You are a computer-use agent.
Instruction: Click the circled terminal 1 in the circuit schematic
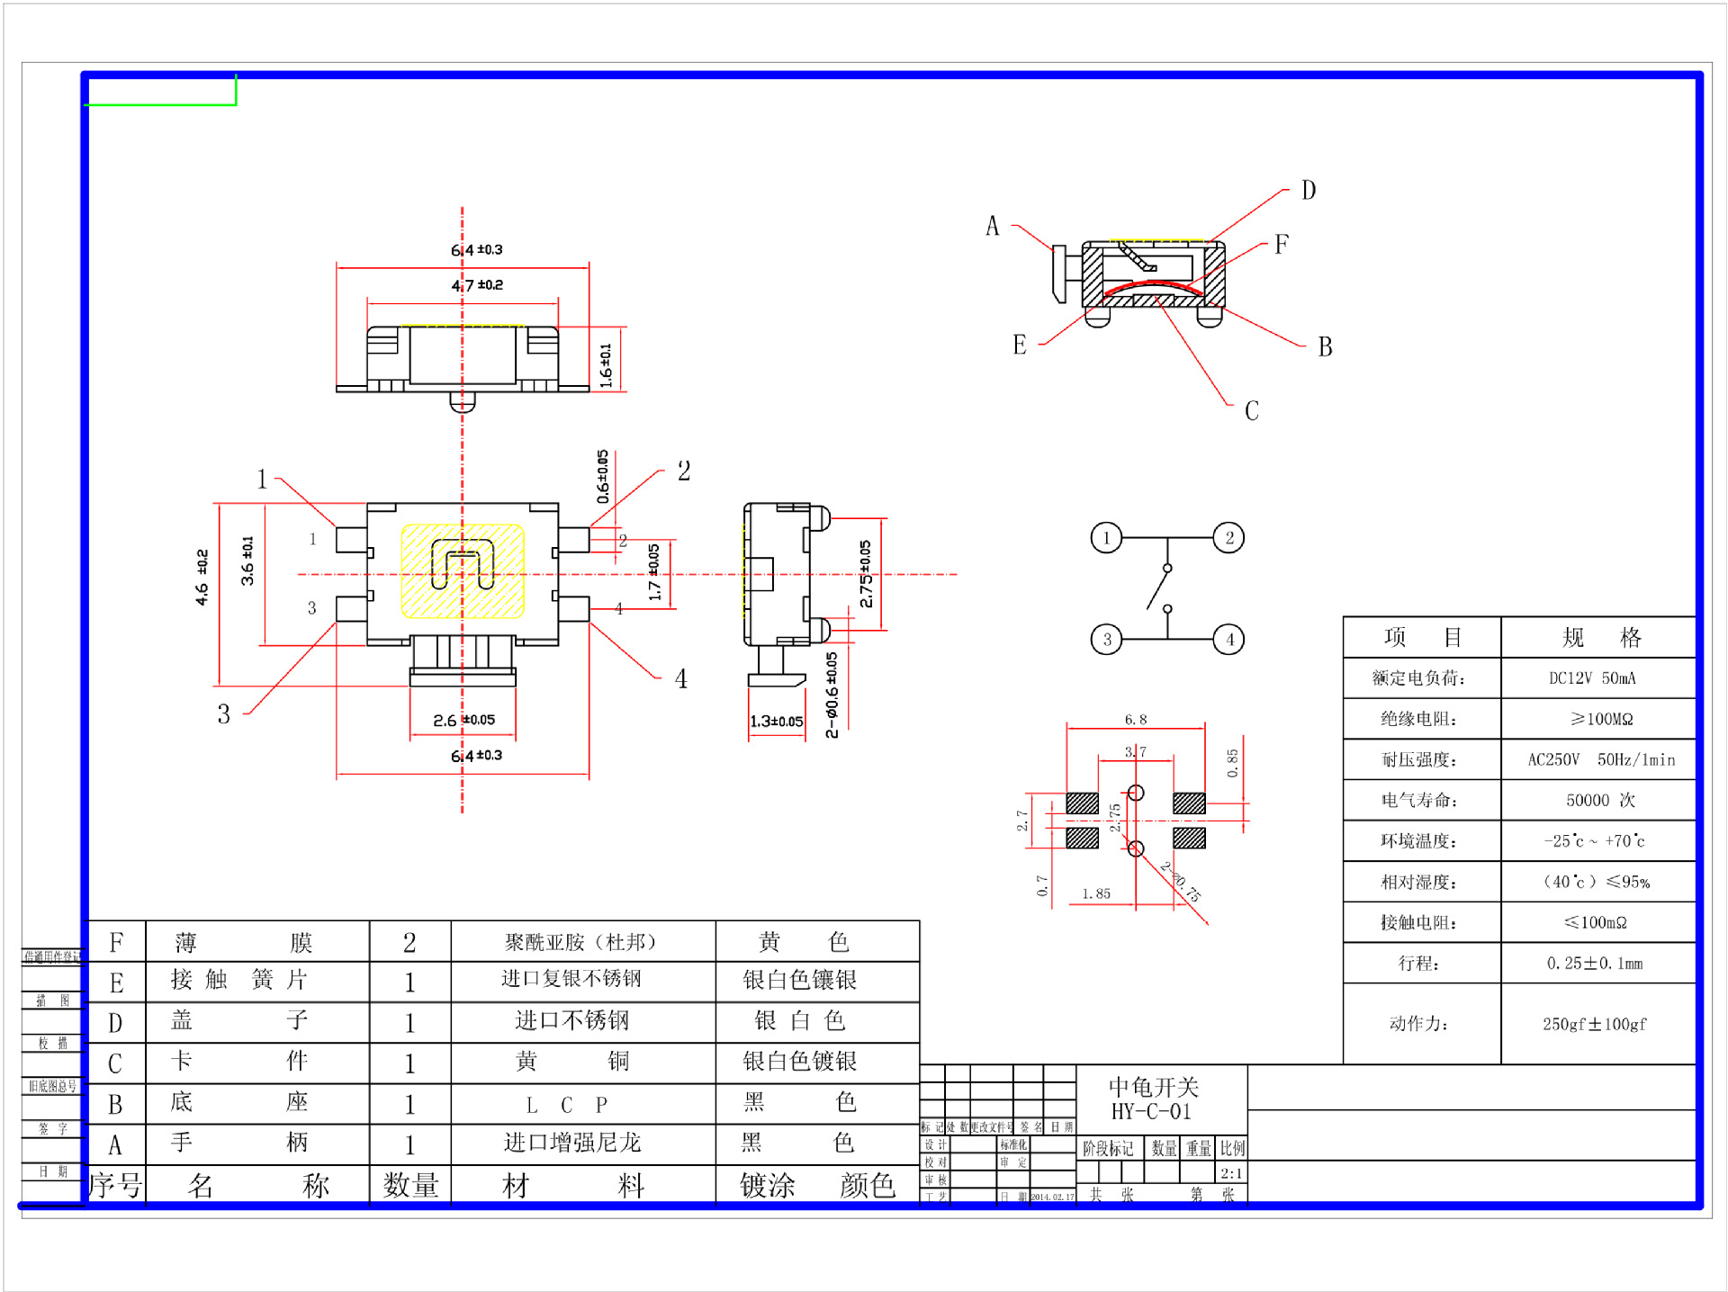[x=1106, y=538]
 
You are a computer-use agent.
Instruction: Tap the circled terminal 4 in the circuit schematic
[x=1229, y=640]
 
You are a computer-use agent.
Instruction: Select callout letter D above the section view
[x=1309, y=191]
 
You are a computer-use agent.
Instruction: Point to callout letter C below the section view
[x=1251, y=411]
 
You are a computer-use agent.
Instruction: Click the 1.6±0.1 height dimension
[x=606, y=364]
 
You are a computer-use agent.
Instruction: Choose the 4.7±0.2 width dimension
[x=477, y=285]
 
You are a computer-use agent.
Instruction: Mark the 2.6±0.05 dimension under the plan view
[x=463, y=720]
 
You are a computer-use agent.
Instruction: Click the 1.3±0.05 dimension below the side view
[x=776, y=721]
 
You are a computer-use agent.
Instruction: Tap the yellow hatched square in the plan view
[x=463, y=571]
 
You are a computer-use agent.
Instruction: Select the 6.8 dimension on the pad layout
[x=1136, y=720]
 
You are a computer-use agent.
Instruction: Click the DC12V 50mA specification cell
[x=1591, y=678]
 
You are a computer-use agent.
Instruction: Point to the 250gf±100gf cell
[x=1594, y=1024]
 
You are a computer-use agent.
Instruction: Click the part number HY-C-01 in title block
[x=1151, y=1112]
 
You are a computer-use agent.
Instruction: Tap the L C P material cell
[x=567, y=1104]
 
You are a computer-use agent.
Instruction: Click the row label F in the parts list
[x=116, y=942]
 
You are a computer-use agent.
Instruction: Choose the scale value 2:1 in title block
[x=1231, y=1173]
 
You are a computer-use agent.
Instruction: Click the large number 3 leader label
[x=223, y=714]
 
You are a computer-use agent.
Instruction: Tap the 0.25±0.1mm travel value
[x=1594, y=964]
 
